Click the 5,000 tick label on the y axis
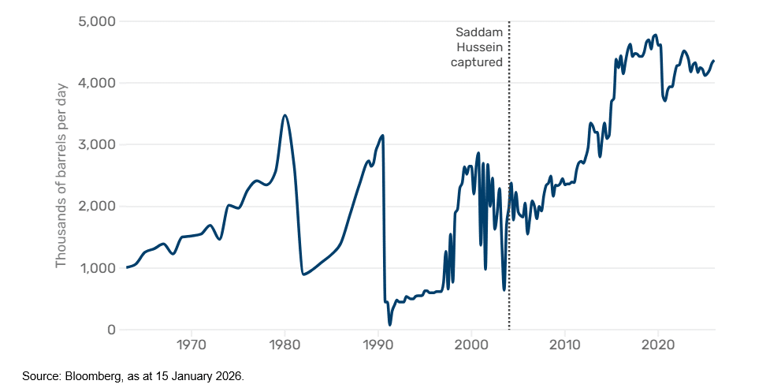pyautogui.click(x=96, y=21)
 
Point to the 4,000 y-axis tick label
pyautogui.click(x=96, y=83)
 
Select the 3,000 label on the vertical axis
pyautogui.click(x=96, y=144)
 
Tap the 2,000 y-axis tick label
pyautogui.click(x=96, y=207)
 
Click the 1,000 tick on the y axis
pyautogui.click(x=97, y=268)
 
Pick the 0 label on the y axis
pyautogui.click(x=111, y=330)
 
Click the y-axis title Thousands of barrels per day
pyautogui.click(x=61, y=175)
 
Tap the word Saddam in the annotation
pyautogui.click(x=479, y=32)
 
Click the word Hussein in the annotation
pyautogui.click(x=481, y=47)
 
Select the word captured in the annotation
pyautogui.click(x=476, y=62)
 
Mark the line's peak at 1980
pyautogui.click(x=285, y=115)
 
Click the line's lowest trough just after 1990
pyautogui.click(x=389, y=324)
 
